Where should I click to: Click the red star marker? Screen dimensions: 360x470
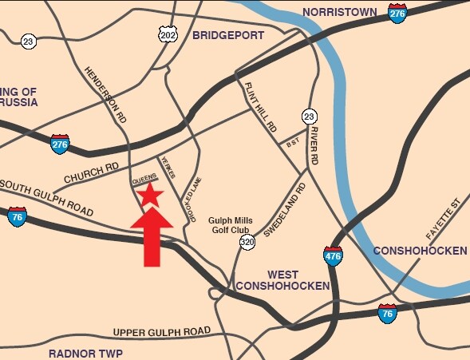click(x=149, y=194)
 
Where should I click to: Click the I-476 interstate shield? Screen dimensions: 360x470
click(x=333, y=255)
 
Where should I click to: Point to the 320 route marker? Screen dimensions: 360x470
click(x=247, y=241)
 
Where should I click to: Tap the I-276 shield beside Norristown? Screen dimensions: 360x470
click(x=397, y=13)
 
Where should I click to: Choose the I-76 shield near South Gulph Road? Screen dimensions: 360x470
click(x=17, y=216)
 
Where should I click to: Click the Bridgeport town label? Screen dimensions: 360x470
click(x=226, y=35)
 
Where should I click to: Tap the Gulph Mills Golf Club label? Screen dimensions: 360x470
click(x=231, y=224)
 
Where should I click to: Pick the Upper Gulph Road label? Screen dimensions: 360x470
click(x=162, y=331)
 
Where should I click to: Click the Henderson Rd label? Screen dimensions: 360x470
click(x=106, y=93)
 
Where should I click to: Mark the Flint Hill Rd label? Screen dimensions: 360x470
click(x=260, y=108)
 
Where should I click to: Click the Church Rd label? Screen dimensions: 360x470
click(x=91, y=172)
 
